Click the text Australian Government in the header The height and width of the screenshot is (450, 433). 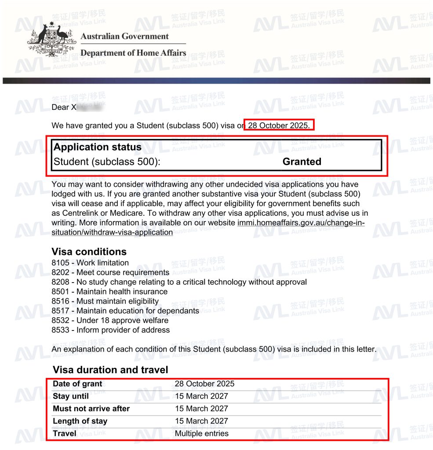coord(124,36)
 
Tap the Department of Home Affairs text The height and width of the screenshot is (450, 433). coord(133,53)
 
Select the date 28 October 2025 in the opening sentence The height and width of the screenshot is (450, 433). coord(279,125)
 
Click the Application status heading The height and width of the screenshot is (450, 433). coord(97,147)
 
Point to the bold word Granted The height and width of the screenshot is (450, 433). coord(302,162)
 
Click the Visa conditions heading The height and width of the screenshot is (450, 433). coord(89,252)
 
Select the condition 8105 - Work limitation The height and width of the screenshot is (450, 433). coord(90,263)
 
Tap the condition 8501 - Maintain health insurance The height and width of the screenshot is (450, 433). coord(109,291)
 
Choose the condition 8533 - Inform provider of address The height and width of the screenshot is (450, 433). coord(110,330)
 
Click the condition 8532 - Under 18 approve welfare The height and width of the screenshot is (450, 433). coord(110,320)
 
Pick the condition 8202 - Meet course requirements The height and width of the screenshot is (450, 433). coord(110,272)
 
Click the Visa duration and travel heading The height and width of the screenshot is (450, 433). coord(110,370)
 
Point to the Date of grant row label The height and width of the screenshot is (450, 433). coord(77,384)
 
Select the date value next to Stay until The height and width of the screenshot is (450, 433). coord(201,396)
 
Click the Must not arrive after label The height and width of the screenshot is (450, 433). coord(91,408)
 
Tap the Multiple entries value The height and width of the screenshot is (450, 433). coord(201,433)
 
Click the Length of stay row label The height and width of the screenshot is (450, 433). coord(80,421)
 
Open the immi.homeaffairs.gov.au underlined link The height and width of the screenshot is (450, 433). coord(301,223)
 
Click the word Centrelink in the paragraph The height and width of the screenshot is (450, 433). coord(78,213)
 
